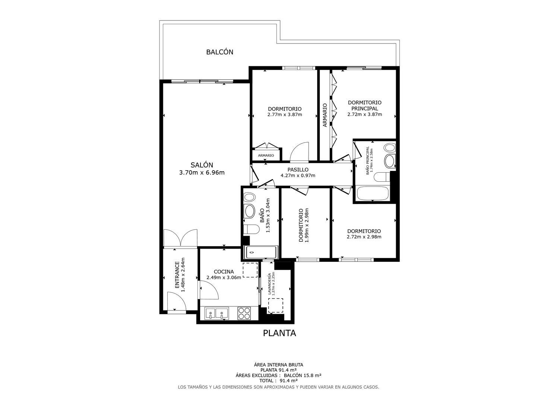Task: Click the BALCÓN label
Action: coord(220,52)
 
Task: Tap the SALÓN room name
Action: coord(202,165)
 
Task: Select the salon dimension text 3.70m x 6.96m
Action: coord(202,173)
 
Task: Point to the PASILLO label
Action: coord(298,169)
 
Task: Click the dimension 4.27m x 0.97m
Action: coord(298,176)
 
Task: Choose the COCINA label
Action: coord(224,272)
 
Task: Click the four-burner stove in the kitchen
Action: coord(244,313)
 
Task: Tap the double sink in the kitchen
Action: coord(217,313)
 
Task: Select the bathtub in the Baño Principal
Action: coord(373,193)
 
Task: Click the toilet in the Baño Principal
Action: coord(382,177)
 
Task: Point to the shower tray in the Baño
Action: coord(261,252)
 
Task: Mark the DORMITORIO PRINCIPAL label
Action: coord(364,105)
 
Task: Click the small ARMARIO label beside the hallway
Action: coord(266,155)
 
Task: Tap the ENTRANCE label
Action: coord(177,275)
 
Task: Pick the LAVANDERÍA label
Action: coord(269,284)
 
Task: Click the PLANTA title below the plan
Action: coord(279,333)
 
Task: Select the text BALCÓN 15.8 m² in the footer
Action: coord(303,375)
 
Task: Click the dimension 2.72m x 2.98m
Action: coord(364,237)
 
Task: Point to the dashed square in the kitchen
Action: coord(250,270)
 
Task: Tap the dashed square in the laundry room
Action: coord(275,306)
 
